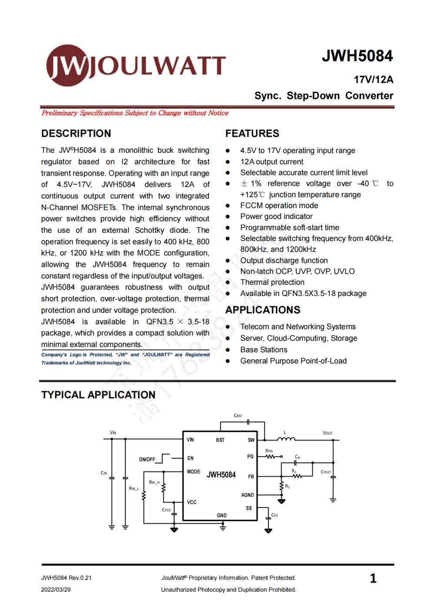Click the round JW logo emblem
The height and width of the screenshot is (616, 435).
pyautogui.click(x=67, y=65)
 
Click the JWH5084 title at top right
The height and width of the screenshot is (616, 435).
pyautogui.click(x=357, y=56)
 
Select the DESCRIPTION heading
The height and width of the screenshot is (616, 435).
pyautogui.click(x=76, y=134)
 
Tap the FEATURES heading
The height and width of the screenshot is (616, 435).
pyautogui.click(x=252, y=134)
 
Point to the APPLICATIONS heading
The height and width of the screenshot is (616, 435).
pyautogui.click(x=263, y=310)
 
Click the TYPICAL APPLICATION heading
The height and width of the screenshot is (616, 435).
pyautogui.click(x=98, y=395)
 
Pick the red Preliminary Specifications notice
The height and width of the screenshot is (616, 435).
pyautogui.click(x=135, y=113)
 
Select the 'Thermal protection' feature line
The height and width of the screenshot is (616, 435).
pyautogui.click(x=272, y=282)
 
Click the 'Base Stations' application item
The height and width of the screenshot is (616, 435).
pyautogui.click(x=264, y=350)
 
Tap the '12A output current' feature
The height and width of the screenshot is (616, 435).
pyautogui.click(x=272, y=162)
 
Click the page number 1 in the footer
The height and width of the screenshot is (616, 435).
pyautogui.click(x=373, y=578)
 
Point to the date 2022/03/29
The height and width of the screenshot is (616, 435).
pyautogui.click(x=56, y=589)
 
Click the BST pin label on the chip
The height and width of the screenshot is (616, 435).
pyautogui.click(x=220, y=440)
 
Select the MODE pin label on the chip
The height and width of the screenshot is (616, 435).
pyautogui.click(x=194, y=471)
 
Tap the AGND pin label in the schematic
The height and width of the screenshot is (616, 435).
pyautogui.click(x=248, y=495)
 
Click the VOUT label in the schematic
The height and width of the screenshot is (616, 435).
pyautogui.click(x=328, y=433)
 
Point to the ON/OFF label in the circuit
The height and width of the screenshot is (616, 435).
pyautogui.click(x=147, y=459)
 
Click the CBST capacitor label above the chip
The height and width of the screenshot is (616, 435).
pyautogui.click(x=238, y=416)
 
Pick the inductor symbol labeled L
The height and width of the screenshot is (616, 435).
pyautogui.click(x=286, y=439)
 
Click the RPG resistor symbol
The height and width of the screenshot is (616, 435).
pyautogui.click(x=271, y=457)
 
